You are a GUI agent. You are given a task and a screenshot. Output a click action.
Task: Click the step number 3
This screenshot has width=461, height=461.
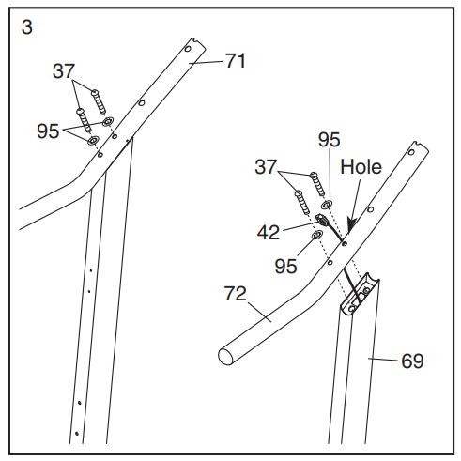pyautogui.click(x=27, y=27)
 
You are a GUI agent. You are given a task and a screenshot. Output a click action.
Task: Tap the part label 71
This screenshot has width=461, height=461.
pyautogui.click(x=236, y=60)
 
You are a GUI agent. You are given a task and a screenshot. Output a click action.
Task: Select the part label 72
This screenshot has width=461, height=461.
pyautogui.click(x=236, y=294)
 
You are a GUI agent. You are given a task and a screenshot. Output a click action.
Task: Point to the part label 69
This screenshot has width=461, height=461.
pyautogui.click(x=412, y=361)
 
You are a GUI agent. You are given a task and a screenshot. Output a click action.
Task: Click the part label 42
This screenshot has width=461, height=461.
pyautogui.click(x=269, y=232)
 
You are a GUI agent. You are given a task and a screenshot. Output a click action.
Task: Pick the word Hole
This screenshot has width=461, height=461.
pyautogui.click(x=361, y=166)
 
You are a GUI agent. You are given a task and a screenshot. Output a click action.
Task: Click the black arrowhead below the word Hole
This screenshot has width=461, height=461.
pyautogui.click(x=351, y=224)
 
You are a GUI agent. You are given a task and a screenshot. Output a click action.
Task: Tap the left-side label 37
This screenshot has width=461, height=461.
pyautogui.click(x=64, y=71)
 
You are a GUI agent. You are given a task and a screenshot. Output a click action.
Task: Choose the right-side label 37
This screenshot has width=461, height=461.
pyautogui.click(x=266, y=167)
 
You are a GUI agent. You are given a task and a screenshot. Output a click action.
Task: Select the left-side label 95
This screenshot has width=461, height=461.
pyautogui.click(x=48, y=131)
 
